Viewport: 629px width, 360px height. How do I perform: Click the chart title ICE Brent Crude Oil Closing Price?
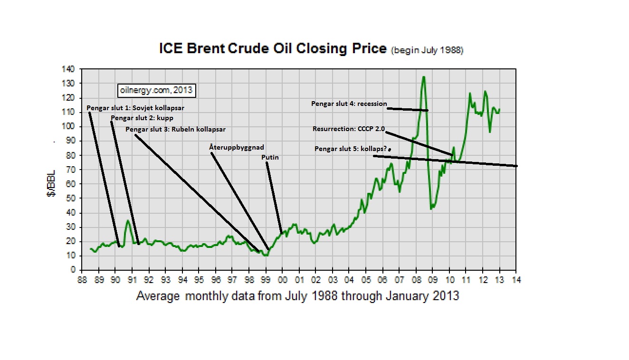click(272, 49)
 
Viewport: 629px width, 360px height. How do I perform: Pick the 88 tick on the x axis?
click(82, 280)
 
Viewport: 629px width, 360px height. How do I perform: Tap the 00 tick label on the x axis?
click(283, 280)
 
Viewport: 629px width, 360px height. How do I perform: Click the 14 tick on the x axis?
click(516, 280)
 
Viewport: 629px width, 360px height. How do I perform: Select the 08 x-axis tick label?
click(416, 280)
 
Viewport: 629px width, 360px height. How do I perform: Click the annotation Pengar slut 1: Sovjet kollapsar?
click(135, 108)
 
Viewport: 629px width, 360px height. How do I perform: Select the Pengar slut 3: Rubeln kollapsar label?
click(175, 129)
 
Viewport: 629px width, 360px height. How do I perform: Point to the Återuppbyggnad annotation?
click(237, 147)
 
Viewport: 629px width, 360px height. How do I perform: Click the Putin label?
click(270, 157)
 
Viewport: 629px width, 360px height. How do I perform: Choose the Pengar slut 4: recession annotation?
click(349, 104)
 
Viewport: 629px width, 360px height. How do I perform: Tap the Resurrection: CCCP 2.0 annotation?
click(348, 129)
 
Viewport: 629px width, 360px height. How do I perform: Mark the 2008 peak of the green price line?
click(423, 76)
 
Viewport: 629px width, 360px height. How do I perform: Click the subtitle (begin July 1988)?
click(427, 50)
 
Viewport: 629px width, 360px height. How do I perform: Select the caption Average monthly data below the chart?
click(298, 296)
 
